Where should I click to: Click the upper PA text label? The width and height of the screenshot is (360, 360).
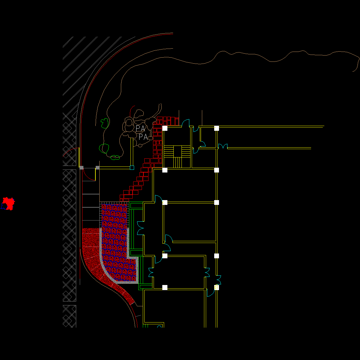click(140, 129)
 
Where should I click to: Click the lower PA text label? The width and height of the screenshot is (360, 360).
click(143, 137)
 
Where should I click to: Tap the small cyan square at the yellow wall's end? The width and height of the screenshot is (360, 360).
click(132, 168)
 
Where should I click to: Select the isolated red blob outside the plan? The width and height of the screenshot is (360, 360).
click(9, 203)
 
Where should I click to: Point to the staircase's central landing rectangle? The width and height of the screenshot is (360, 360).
click(178, 151)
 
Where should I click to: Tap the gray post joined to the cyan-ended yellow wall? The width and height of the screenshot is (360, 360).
click(97, 168)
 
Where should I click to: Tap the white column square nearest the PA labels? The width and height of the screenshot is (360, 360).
click(165, 128)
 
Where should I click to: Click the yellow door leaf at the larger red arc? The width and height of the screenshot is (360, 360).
click(79, 157)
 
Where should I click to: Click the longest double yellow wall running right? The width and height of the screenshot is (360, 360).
click(270, 127)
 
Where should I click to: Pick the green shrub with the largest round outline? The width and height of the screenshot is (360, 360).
click(104, 148)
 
